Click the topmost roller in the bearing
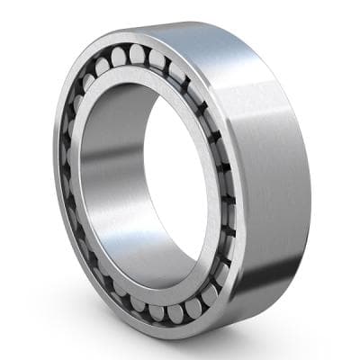(137, 53)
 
